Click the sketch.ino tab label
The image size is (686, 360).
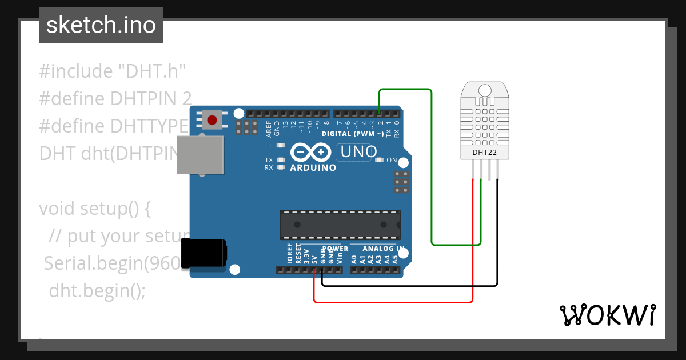101,25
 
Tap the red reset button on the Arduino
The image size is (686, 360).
212,120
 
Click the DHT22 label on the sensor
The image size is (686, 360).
484,153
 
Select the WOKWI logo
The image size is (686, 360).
607,315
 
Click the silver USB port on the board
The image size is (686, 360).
200,154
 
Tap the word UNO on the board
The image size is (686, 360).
358,151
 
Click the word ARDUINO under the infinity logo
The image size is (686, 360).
313,168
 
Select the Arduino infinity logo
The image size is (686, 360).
311,152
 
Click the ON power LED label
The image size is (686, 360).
392,160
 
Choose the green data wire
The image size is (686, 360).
431,171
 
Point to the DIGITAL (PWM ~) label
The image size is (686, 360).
353,134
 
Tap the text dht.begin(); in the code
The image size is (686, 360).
97,290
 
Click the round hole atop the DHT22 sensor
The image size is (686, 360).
485,90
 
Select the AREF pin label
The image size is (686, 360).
269,129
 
